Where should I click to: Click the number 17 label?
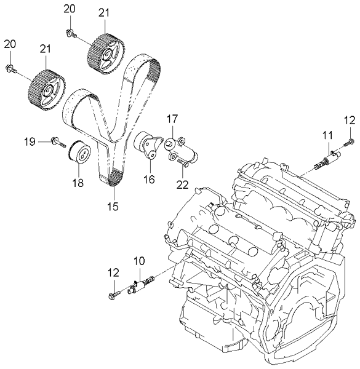click(172, 118)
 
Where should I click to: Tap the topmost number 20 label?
click(70, 9)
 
